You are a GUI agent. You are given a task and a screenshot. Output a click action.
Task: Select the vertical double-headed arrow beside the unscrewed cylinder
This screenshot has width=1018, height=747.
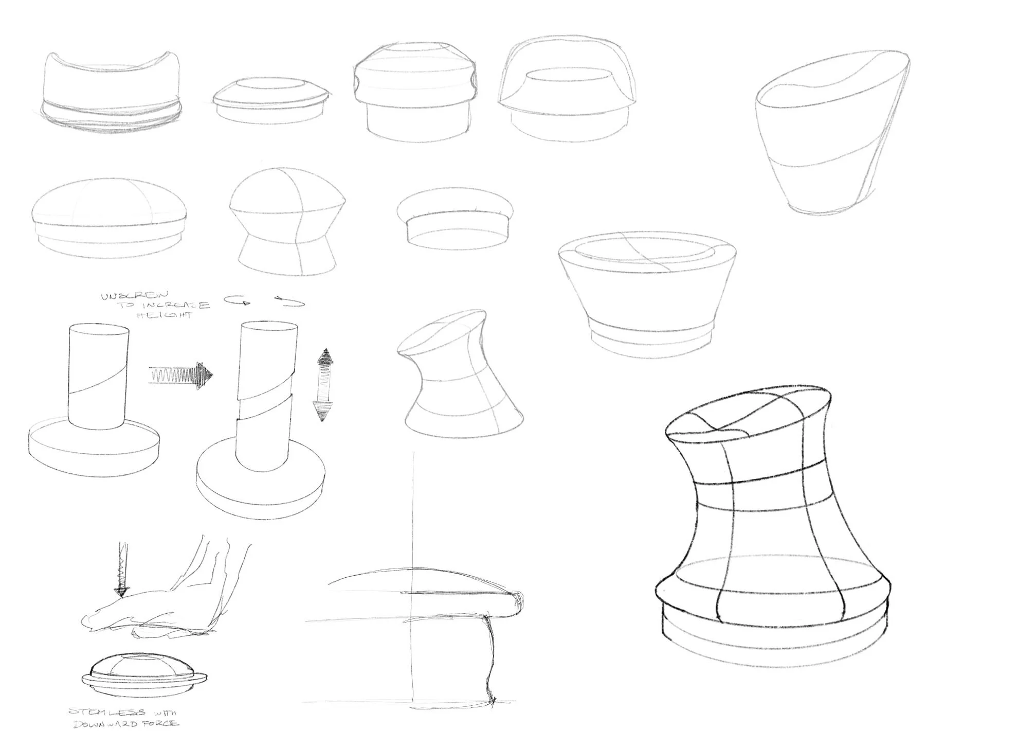coord(324,385)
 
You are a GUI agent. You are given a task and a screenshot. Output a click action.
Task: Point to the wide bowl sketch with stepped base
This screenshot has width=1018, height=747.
coord(648,293)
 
